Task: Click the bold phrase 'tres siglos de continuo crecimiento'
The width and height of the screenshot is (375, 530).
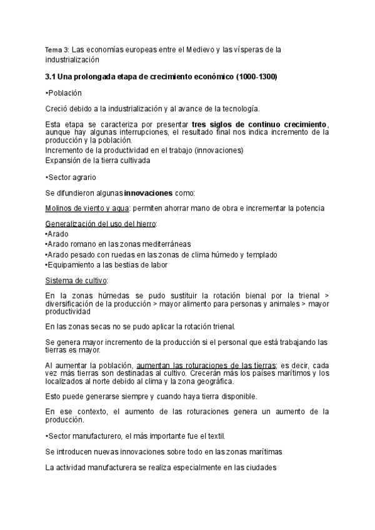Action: click(259, 124)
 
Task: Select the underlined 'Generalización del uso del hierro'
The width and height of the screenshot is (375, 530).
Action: click(101, 223)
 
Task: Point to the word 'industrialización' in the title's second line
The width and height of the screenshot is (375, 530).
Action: click(72, 60)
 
